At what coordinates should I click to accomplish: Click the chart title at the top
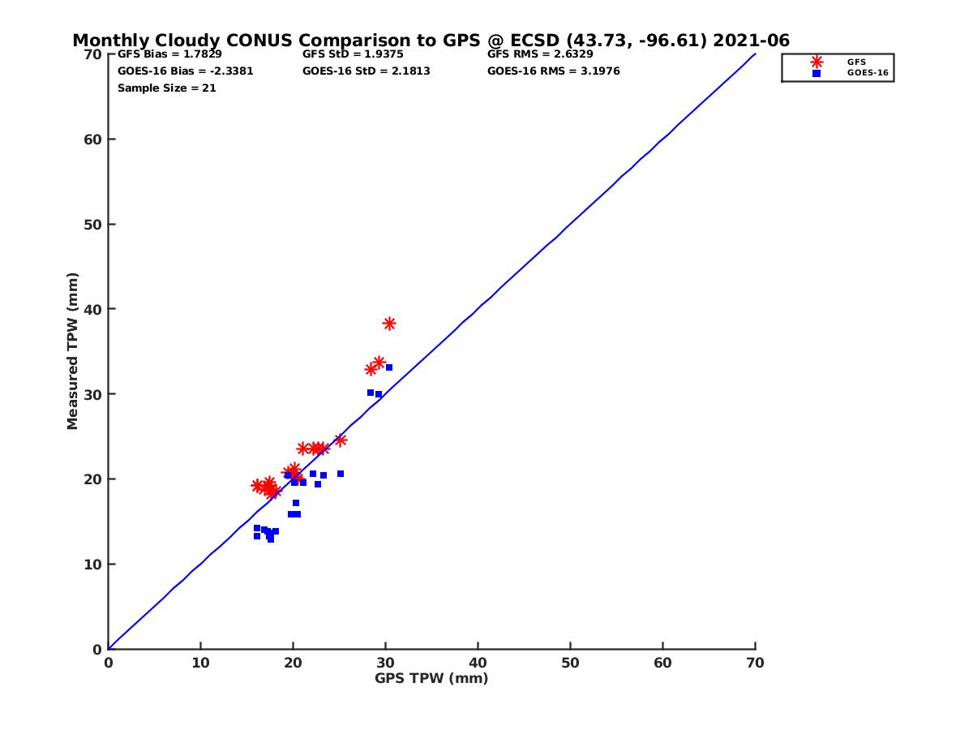click(431, 41)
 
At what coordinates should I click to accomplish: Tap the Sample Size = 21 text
click(167, 88)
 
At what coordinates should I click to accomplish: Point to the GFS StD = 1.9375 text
click(353, 54)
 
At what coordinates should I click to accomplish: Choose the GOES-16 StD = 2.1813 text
click(366, 71)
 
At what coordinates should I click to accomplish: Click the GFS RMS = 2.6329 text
click(540, 54)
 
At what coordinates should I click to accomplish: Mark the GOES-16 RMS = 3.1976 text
click(553, 71)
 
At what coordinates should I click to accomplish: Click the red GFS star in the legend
click(817, 62)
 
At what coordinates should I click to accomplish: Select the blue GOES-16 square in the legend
click(817, 73)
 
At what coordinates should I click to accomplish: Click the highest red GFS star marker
click(389, 324)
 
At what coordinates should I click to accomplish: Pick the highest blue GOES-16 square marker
click(389, 367)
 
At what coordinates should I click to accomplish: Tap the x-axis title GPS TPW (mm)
click(431, 678)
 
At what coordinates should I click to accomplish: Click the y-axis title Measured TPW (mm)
click(73, 351)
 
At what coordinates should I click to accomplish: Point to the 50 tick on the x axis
click(570, 663)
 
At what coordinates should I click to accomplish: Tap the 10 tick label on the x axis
click(200, 663)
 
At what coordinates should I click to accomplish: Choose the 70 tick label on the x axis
click(755, 663)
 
